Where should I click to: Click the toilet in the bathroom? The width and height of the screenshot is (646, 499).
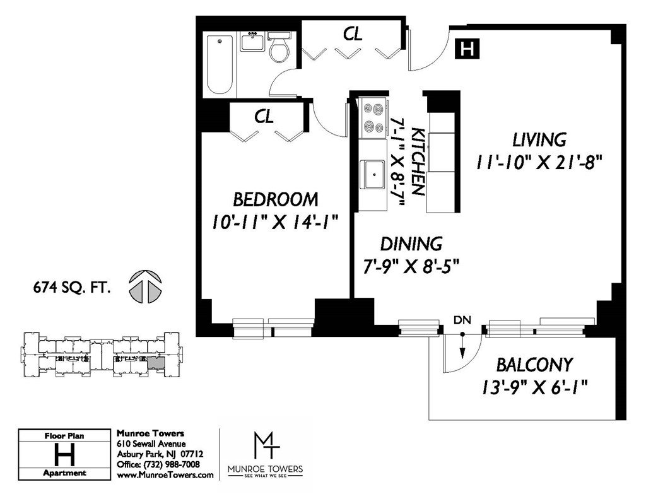[x=279, y=47]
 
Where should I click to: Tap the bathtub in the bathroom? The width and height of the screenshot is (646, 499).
[x=219, y=65]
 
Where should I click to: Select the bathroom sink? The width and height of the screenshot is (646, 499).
[x=252, y=42]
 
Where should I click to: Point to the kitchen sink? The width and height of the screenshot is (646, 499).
[x=372, y=175]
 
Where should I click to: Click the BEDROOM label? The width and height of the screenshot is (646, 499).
[x=275, y=199]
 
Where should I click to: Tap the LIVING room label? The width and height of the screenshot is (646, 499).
[x=539, y=140]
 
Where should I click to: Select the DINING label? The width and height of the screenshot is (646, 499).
[x=411, y=244]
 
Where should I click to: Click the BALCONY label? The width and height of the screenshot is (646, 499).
[x=534, y=365]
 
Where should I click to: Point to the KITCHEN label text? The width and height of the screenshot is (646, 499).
[x=418, y=161]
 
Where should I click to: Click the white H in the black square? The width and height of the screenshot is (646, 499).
[x=467, y=49]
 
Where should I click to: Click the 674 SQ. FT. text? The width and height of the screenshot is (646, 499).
[x=72, y=288]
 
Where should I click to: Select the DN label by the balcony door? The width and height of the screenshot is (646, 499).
[x=462, y=320]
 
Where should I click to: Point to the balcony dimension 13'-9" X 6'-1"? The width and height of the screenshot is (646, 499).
[x=534, y=387]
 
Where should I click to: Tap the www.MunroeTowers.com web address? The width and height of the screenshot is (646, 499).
[x=165, y=474]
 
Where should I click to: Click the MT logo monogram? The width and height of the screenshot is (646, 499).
[x=266, y=445]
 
